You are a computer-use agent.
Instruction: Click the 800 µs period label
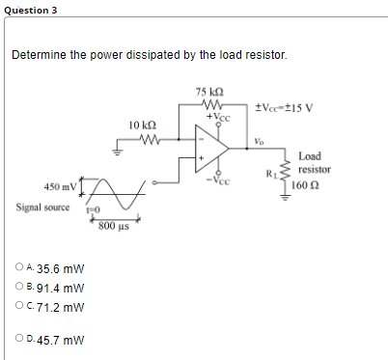[113, 226]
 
